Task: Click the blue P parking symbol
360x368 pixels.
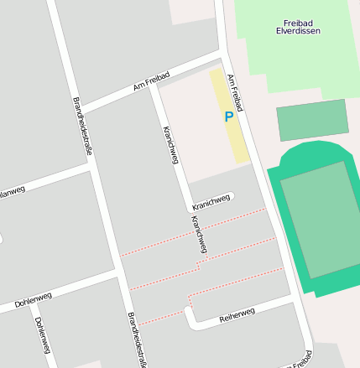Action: [228, 117]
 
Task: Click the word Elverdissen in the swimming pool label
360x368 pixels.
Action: [298, 31]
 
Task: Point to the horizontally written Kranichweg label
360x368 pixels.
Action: [211, 200]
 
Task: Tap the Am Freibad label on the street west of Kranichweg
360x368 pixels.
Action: [151, 80]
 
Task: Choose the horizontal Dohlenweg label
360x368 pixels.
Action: [33, 298]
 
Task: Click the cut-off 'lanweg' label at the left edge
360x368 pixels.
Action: [12, 190]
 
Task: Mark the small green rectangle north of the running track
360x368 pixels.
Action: [312, 120]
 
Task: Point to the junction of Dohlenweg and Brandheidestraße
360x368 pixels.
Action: [117, 273]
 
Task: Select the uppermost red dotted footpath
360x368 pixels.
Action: [193, 231]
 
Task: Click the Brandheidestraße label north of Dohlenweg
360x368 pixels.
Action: [82, 126]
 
